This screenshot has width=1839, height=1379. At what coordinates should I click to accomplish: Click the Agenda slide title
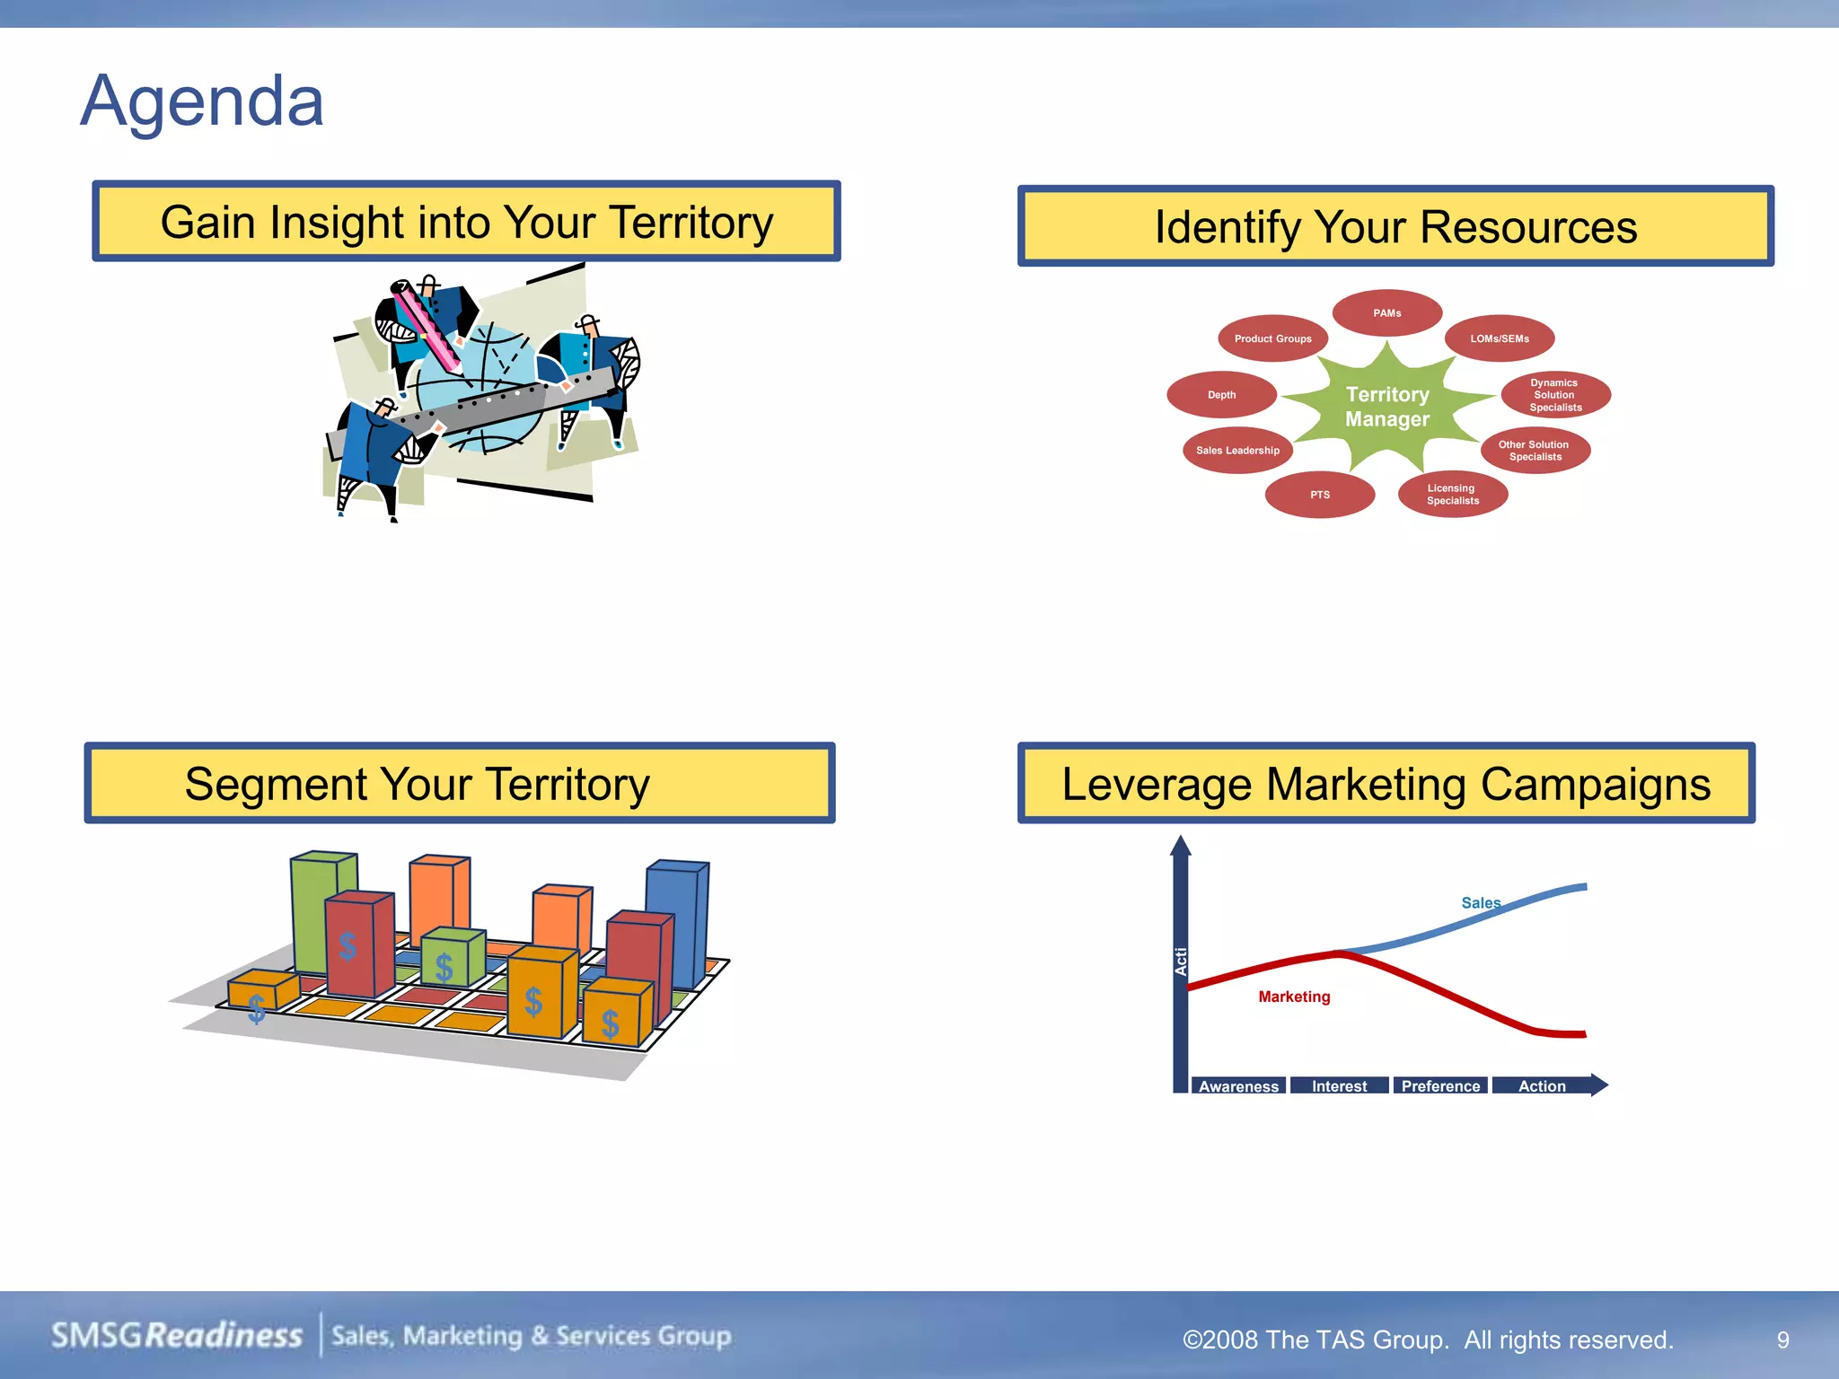click(202, 101)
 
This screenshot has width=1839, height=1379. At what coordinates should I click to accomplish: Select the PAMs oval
click(1386, 313)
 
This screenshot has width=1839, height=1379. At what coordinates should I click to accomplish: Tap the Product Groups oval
click(1272, 338)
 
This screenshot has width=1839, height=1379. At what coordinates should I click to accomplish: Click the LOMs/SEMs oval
click(1499, 338)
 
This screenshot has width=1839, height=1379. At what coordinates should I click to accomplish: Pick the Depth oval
click(1221, 395)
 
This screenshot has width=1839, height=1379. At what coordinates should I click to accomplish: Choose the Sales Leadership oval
click(1237, 451)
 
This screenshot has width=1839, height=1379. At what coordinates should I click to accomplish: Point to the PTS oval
click(1319, 495)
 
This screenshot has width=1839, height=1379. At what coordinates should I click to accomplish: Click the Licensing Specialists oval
click(1452, 495)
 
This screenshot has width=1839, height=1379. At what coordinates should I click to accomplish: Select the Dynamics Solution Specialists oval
click(1555, 395)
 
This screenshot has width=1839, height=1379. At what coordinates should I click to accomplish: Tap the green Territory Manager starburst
click(1386, 407)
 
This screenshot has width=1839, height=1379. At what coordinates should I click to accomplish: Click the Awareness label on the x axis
click(1238, 1086)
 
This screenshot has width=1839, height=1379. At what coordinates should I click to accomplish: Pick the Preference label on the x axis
click(1440, 1086)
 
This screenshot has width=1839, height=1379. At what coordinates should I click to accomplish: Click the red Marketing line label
click(1294, 997)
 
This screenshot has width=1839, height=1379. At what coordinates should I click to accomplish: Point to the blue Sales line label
click(1480, 903)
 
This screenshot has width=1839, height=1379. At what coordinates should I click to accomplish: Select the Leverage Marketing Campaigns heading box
click(1386, 784)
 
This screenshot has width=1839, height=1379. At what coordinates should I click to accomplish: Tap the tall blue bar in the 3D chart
click(675, 920)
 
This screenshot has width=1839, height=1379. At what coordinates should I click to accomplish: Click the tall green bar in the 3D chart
click(312, 907)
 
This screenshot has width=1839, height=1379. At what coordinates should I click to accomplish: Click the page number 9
click(1782, 1340)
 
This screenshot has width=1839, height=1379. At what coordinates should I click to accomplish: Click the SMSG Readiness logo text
click(177, 1336)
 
